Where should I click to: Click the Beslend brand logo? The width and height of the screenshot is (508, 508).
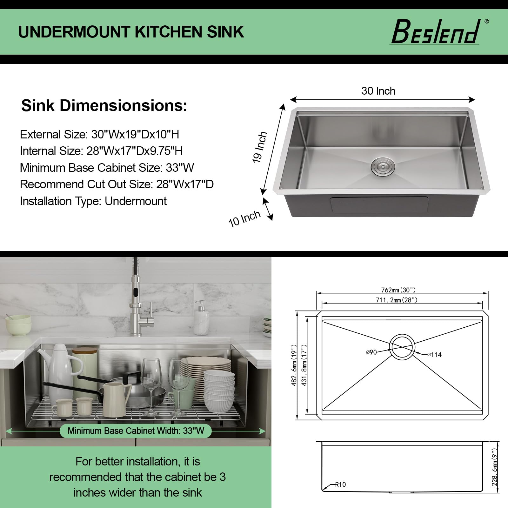pos(436,32)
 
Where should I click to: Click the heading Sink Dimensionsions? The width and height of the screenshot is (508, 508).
pos(104,106)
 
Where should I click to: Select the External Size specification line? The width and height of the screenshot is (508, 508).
pos(99,134)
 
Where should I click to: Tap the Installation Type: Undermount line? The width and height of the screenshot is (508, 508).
pos(93,201)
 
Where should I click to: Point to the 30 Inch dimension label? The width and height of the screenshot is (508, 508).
pos(378,91)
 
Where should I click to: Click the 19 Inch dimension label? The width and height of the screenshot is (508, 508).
pos(260,147)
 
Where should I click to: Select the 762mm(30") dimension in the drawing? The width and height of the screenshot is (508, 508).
pos(398,290)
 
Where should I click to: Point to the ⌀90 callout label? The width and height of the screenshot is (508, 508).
pos(371,352)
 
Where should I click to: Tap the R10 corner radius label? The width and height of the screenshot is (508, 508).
pos(340,485)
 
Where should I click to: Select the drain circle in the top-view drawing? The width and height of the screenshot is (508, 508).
pos(402,347)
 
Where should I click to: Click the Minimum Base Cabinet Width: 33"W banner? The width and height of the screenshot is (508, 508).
pos(136,431)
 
